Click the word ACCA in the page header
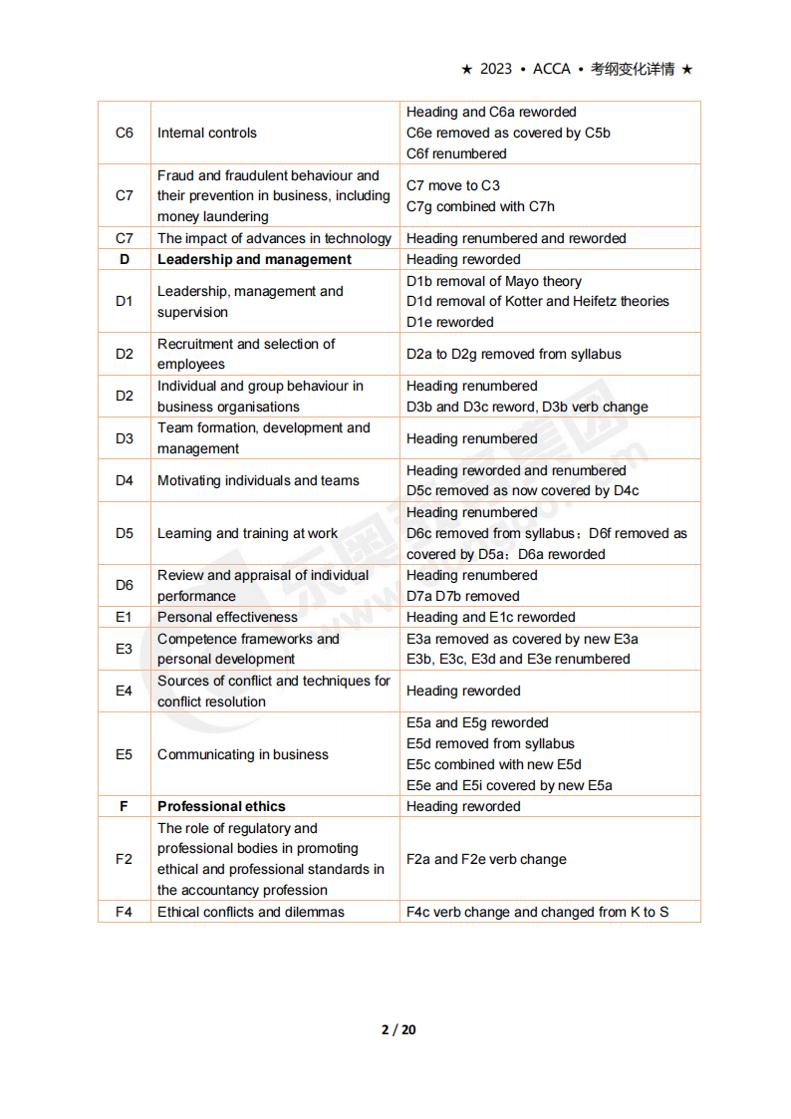(552, 69)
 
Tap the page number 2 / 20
(398, 1029)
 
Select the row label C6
(125, 133)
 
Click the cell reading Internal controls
(207, 133)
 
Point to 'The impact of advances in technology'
(274, 238)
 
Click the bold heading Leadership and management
(254, 259)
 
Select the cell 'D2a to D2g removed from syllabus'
(514, 354)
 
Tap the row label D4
(125, 480)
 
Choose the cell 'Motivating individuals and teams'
(258, 480)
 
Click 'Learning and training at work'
(247, 533)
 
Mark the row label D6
(125, 585)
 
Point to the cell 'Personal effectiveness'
(227, 617)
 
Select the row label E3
(125, 649)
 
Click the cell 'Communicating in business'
(243, 754)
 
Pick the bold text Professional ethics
(221, 806)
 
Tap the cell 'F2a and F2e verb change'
(486, 859)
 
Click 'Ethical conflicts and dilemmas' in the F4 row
(251, 912)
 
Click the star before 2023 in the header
(466, 69)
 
